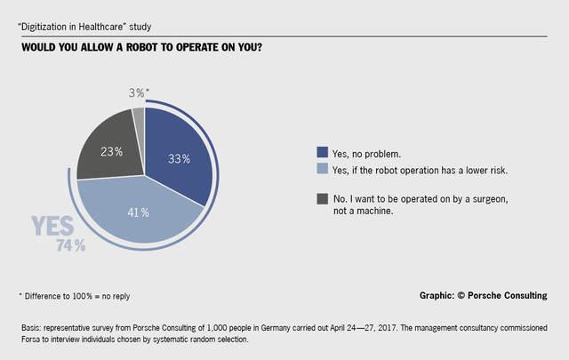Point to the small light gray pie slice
click(x=138, y=116)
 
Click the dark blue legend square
click(x=322, y=150)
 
